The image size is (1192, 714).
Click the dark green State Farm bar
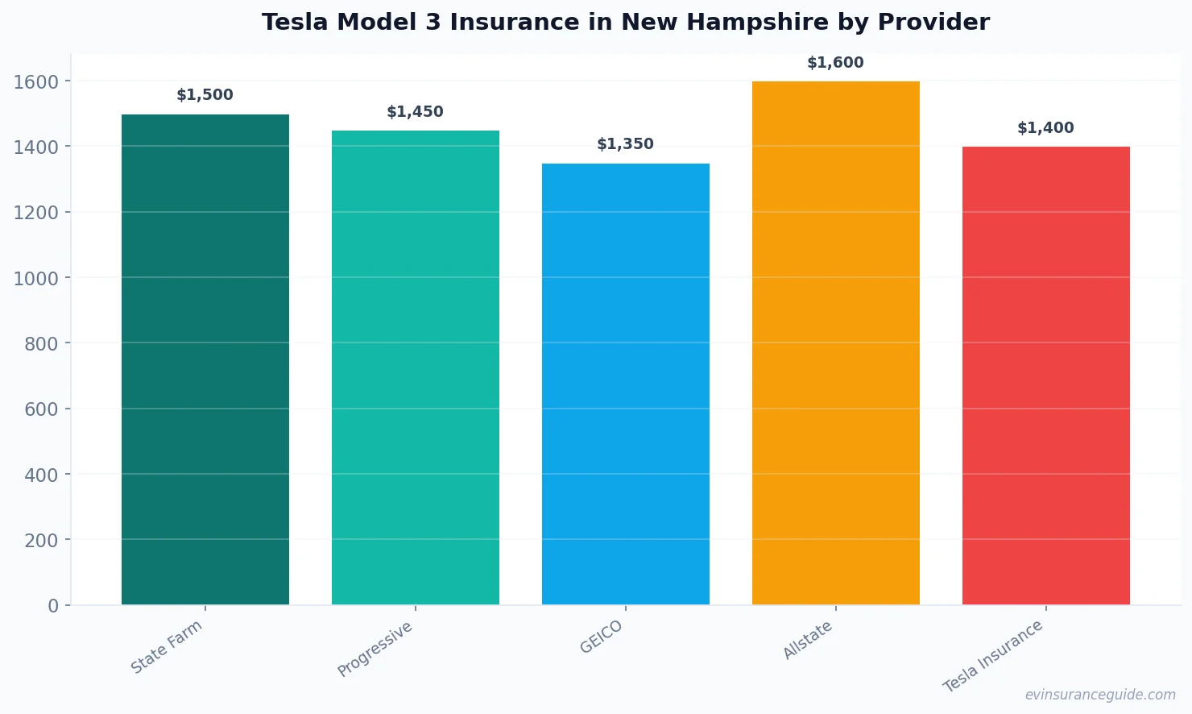pyautogui.click(x=205, y=359)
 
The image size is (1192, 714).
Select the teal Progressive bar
pyautogui.click(x=416, y=367)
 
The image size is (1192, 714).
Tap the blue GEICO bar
pyautogui.click(x=626, y=384)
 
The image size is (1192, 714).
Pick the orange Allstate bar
pyautogui.click(x=836, y=343)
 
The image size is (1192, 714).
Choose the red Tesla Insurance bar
pyautogui.click(x=1046, y=376)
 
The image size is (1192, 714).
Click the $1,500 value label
pyautogui.click(x=205, y=95)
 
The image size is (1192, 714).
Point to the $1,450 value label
pyautogui.click(x=416, y=112)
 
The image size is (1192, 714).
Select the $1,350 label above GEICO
pyautogui.click(x=626, y=144)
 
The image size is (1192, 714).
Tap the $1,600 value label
pyautogui.click(x=836, y=63)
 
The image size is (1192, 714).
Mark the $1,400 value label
pyautogui.click(x=1046, y=128)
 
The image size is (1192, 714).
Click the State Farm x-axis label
pyautogui.click(x=167, y=647)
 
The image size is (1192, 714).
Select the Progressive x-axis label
pyautogui.click(x=375, y=649)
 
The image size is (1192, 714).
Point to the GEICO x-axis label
pyautogui.click(x=602, y=637)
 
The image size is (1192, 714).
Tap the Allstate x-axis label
pyautogui.click(x=808, y=641)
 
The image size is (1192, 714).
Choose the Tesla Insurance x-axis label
pyautogui.click(x=993, y=656)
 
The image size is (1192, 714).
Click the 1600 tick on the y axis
pyautogui.click(x=36, y=81)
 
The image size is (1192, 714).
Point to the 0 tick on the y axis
pyautogui.click(x=53, y=606)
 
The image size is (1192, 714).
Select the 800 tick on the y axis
pyautogui.click(x=41, y=344)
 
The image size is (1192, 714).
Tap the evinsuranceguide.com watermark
pyautogui.click(x=1100, y=695)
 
